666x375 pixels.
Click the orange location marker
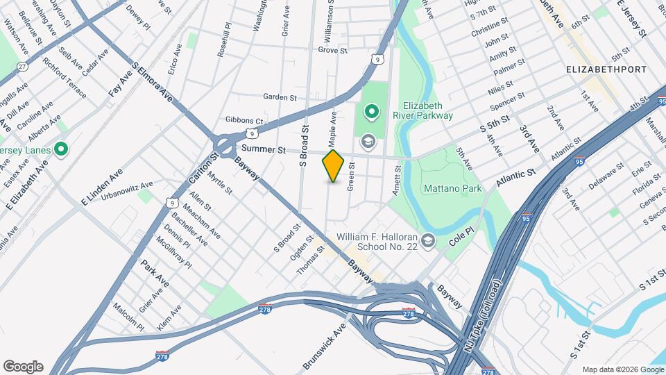pos(334,165)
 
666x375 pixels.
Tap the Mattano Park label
pos(452,188)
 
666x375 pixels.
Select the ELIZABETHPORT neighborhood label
pos(606,69)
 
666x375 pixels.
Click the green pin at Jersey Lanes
pos(61,149)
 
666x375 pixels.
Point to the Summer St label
pos(263,149)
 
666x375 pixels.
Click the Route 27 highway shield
pos(23,66)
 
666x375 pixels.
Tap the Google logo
pos(23,367)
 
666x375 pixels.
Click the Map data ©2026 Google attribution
pos(622,369)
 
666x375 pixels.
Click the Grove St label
pos(332,50)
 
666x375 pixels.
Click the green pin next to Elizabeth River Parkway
pos(370,111)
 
